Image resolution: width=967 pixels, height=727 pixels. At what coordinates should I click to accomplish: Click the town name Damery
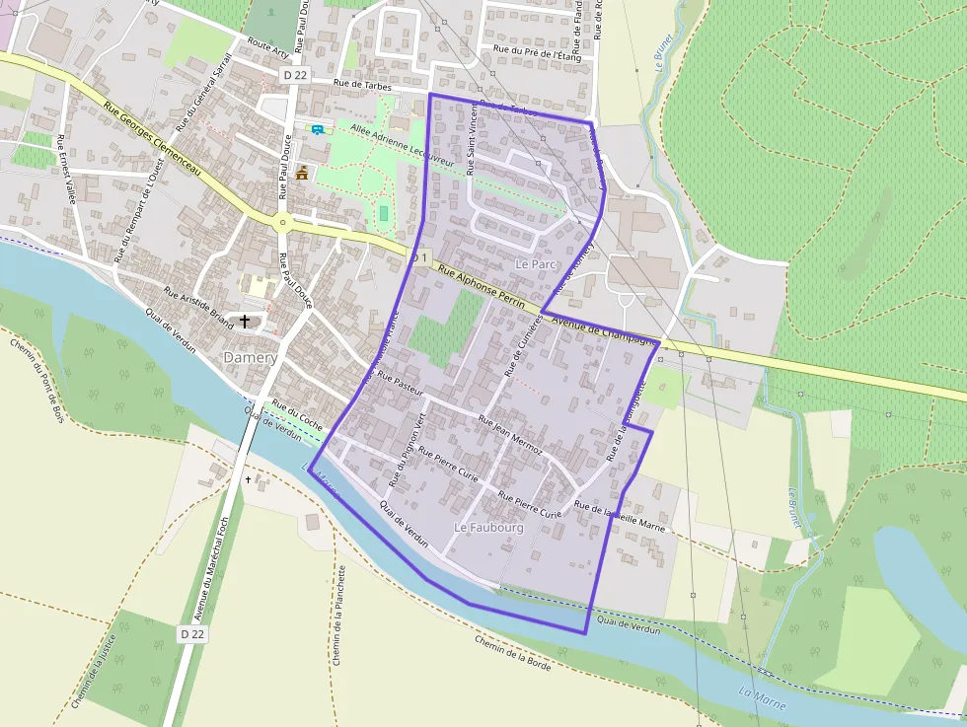point(250,357)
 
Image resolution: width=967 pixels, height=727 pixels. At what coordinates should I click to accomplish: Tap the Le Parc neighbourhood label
point(537,264)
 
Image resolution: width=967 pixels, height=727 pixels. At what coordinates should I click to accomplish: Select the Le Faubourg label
point(487,528)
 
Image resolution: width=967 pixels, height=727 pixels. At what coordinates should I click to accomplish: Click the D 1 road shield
point(421,257)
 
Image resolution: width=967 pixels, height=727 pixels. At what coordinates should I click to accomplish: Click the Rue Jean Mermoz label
point(510,434)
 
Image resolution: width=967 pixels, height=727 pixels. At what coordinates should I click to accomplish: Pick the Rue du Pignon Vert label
point(407,450)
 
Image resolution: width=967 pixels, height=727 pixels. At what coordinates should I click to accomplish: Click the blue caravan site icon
point(317,129)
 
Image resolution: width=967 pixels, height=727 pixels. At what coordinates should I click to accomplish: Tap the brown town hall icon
point(302,173)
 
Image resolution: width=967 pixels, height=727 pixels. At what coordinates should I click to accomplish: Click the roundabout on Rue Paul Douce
point(281,221)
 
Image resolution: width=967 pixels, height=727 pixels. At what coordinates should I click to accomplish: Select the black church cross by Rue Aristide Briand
point(245,321)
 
